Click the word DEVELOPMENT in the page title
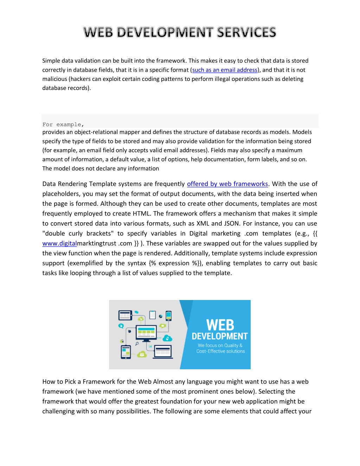coord(165,32)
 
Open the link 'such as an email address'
coord(225,70)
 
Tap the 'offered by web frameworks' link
coord(227,184)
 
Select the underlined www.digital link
coord(59,243)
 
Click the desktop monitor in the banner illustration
coord(146,332)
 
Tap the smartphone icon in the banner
coord(168,315)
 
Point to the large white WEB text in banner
coord(220,325)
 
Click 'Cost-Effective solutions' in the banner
coord(220,351)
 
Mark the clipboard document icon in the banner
coord(153,315)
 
